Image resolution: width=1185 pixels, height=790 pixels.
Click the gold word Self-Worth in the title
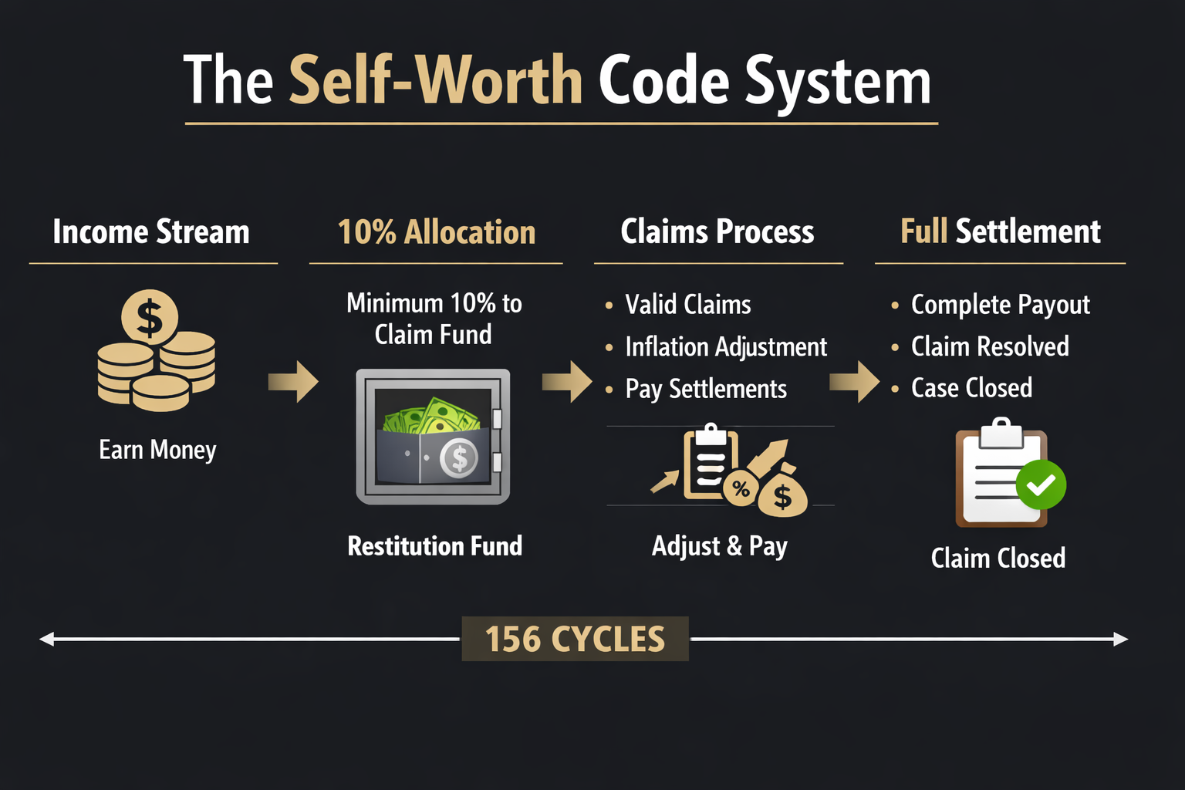click(x=436, y=80)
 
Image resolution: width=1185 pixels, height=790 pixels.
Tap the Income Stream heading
click(x=151, y=231)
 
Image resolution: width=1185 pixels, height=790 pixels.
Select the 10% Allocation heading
click(x=437, y=231)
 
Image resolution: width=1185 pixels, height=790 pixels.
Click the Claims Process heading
click(x=717, y=231)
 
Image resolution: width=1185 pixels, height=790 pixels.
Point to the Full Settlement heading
click(x=1001, y=231)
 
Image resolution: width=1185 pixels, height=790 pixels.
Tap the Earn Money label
click(x=157, y=449)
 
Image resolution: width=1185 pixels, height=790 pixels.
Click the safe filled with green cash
click(x=433, y=437)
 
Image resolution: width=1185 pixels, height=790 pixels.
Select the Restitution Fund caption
click(x=435, y=545)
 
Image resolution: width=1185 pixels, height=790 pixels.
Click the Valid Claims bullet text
click(x=688, y=305)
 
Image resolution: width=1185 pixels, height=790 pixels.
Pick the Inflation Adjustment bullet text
click(x=726, y=347)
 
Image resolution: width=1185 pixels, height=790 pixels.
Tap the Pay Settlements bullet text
click(x=706, y=389)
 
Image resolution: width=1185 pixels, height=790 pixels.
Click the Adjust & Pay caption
click(x=720, y=545)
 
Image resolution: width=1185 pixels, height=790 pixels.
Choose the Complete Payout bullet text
click(x=1001, y=305)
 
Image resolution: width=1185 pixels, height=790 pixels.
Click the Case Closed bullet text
click(x=971, y=387)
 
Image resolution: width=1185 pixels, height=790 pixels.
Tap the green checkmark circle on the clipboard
click(x=1041, y=484)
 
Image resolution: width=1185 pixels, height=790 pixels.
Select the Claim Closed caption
click(x=998, y=557)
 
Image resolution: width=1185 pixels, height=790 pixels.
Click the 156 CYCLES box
click(x=575, y=639)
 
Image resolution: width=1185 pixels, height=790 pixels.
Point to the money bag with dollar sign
click(x=782, y=494)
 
